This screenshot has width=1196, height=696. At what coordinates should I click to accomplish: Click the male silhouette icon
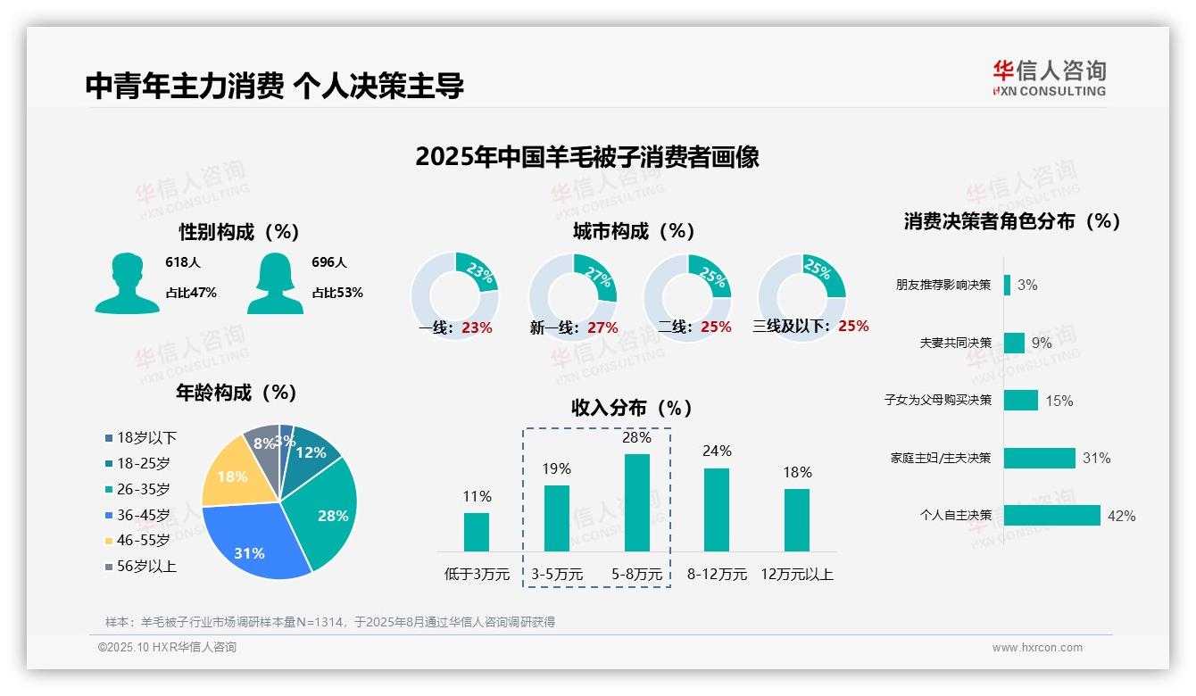tap(127, 283)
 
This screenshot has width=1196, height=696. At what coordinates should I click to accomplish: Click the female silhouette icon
tap(275, 283)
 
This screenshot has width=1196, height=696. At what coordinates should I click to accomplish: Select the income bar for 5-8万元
tap(636, 502)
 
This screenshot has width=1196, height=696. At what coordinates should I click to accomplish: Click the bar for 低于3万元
tap(477, 532)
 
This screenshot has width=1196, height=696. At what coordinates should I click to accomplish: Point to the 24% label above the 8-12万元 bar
tap(716, 451)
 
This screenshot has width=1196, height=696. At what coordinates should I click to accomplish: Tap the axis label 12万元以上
tap(796, 574)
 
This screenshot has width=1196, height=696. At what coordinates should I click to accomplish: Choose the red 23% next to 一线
tap(477, 327)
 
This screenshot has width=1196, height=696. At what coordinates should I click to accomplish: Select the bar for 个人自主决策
tap(1051, 516)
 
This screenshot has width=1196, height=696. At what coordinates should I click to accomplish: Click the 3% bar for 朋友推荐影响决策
tap(1007, 285)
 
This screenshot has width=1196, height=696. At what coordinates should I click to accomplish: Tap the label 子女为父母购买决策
tap(937, 400)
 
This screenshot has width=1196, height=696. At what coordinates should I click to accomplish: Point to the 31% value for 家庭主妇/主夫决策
tap(1096, 458)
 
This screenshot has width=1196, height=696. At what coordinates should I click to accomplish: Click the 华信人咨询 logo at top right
tap(1049, 78)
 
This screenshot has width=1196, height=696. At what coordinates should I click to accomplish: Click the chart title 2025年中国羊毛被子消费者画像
tap(586, 157)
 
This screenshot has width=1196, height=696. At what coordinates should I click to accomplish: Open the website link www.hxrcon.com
tap(1036, 648)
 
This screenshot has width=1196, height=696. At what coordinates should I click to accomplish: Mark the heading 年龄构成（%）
tap(236, 392)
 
